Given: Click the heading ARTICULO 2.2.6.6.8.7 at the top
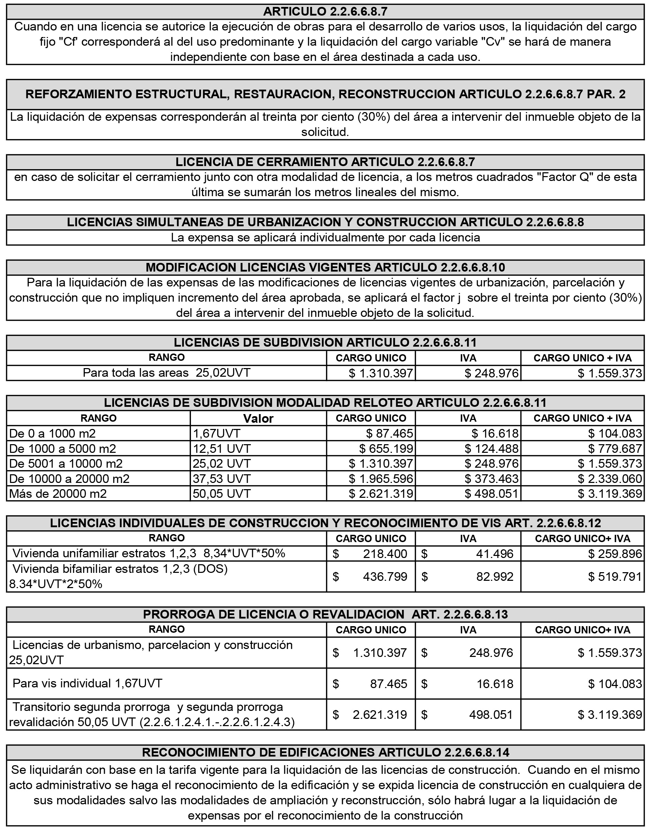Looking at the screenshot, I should click(x=325, y=11).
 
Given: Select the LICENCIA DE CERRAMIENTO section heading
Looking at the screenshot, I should click(x=325, y=162).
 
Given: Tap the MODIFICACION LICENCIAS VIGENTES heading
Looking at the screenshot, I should click(x=325, y=267).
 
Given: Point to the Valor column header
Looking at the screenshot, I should click(x=258, y=419).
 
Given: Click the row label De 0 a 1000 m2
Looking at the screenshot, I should click(x=52, y=433).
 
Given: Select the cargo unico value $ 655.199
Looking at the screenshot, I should click(x=386, y=449).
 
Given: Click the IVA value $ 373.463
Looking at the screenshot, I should click(x=491, y=479).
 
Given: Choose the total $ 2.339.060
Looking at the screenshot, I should click(x=610, y=479).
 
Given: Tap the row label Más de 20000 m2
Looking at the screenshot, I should click(x=58, y=494).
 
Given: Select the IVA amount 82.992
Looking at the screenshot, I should click(x=495, y=576).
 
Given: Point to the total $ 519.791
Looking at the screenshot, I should click(x=614, y=576).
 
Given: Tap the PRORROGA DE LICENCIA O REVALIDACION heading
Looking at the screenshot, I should click(x=325, y=614).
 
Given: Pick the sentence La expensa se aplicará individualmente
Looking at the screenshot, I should click(x=325, y=238).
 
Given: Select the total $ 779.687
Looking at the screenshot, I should click(x=614, y=449).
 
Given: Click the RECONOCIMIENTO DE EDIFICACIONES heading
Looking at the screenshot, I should click(x=325, y=752).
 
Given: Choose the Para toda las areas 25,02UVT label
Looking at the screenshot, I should click(x=167, y=373).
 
